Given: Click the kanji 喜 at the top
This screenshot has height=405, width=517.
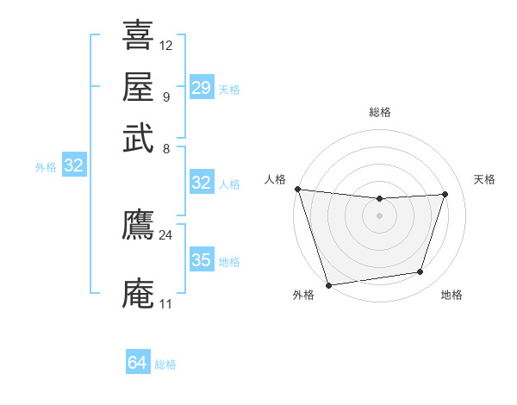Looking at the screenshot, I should (x=138, y=35).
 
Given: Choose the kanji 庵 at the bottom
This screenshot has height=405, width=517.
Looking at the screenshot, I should (x=138, y=293).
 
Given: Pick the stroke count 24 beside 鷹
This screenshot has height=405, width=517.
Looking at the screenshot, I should (x=165, y=234).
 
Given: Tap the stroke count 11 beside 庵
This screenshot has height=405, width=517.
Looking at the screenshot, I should (x=165, y=304).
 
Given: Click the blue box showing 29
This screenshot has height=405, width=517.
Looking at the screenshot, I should (x=201, y=88).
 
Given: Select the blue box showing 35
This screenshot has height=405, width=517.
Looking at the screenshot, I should (x=201, y=260).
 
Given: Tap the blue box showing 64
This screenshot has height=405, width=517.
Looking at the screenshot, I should (x=138, y=363).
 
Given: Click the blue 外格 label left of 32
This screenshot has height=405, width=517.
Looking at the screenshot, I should (x=46, y=167).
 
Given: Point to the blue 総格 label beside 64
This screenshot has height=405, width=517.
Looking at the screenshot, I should (x=165, y=364).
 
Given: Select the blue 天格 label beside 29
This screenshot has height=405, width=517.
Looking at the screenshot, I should (x=229, y=90).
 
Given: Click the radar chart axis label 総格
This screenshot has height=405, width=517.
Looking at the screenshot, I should (x=380, y=112).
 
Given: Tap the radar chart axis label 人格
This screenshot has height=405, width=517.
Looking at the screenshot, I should (x=276, y=179).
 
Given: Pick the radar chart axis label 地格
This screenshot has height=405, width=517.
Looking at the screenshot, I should (x=452, y=296).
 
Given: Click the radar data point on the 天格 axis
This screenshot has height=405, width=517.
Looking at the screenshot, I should (x=445, y=194).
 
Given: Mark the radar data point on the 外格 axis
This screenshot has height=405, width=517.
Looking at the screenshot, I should (x=328, y=284).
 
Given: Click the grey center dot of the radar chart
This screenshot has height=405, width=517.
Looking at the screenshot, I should (x=379, y=215).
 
